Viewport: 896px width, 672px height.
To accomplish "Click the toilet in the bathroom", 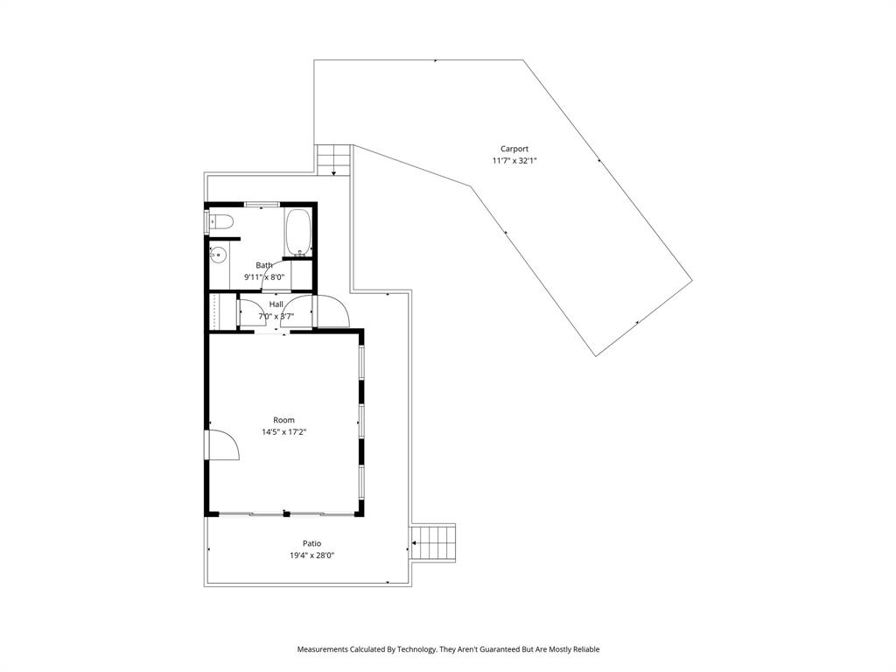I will [220, 221].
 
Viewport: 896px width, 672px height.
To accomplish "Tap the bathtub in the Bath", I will [297, 232].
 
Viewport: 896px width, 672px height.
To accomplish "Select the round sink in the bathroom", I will [219, 255].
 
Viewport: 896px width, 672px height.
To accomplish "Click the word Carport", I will [514, 149].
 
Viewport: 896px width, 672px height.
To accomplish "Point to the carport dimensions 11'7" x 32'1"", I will [514, 161].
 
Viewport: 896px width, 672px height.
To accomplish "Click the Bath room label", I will [263, 265].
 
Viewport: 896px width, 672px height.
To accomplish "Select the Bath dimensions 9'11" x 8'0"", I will [263, 277].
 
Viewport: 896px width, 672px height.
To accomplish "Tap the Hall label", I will [276, 304].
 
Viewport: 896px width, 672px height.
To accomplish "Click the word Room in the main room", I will [283, 420].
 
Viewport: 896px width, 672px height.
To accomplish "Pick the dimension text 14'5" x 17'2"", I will [283, 432].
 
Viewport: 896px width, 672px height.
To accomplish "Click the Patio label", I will [311, 543].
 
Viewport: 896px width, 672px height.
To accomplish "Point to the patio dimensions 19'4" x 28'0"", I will [311, 556].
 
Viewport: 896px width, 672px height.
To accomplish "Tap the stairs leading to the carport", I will [333, 159].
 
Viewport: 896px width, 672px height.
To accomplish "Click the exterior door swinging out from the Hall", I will [332, 312].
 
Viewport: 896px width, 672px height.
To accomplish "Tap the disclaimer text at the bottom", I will [448, 649].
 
